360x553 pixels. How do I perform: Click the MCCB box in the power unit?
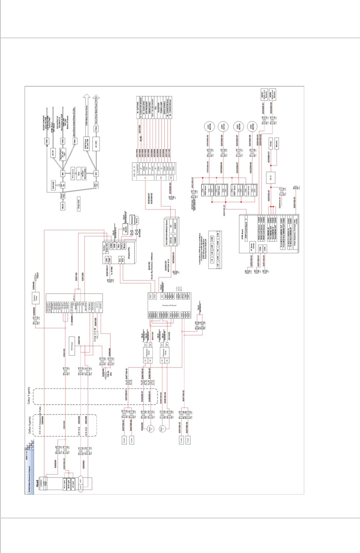pyautogui.click(x=63, y=206)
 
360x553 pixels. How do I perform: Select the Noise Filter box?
pyautogui.click(x=63, y=196)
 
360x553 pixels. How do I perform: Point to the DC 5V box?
pyautogui.click(x=53, y=153)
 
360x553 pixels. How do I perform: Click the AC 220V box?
pyautogui.click(x=96, y=144)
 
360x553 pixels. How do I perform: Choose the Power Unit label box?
pyautogui.click(x=79, y=204)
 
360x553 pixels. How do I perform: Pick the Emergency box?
pyautogui.click(x=73, y=173)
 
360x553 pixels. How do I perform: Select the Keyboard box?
pyautogui.click(x=131, y=220)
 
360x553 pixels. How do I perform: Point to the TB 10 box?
pyautogui.click(x=271, y=178)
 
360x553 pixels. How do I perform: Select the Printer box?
pyautogui.click(x=271, y=144)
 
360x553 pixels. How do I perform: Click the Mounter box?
pyautogui.click(x=277, y=144)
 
